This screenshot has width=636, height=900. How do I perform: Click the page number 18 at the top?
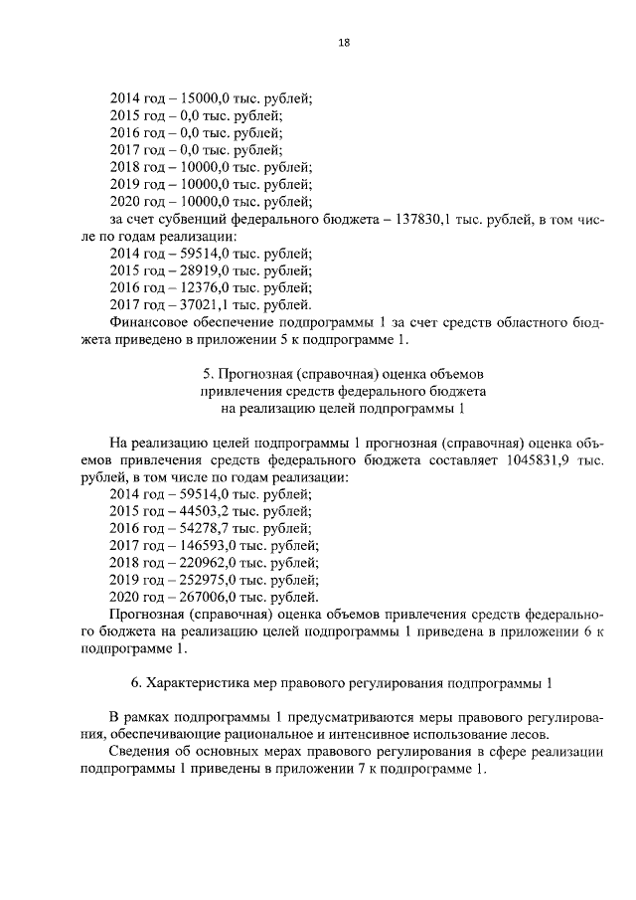click(343, 43)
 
